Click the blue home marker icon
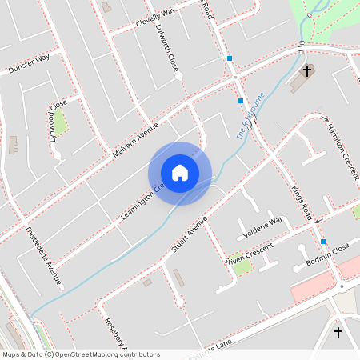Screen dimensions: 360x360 (x=179, y=173)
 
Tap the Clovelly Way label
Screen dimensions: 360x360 (x=155, y=18)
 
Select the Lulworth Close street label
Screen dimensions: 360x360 (x=170, y=47)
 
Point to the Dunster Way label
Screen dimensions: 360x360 (x=29, y=63)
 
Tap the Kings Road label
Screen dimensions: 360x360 (x=301, y=203)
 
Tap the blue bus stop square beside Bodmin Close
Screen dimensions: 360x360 (x=323, y=242)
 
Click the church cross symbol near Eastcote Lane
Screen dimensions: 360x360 (x=338, y=332)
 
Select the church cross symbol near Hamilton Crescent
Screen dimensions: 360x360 (x=306, y=71)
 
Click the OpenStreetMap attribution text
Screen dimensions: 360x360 (x=80, y=354)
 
